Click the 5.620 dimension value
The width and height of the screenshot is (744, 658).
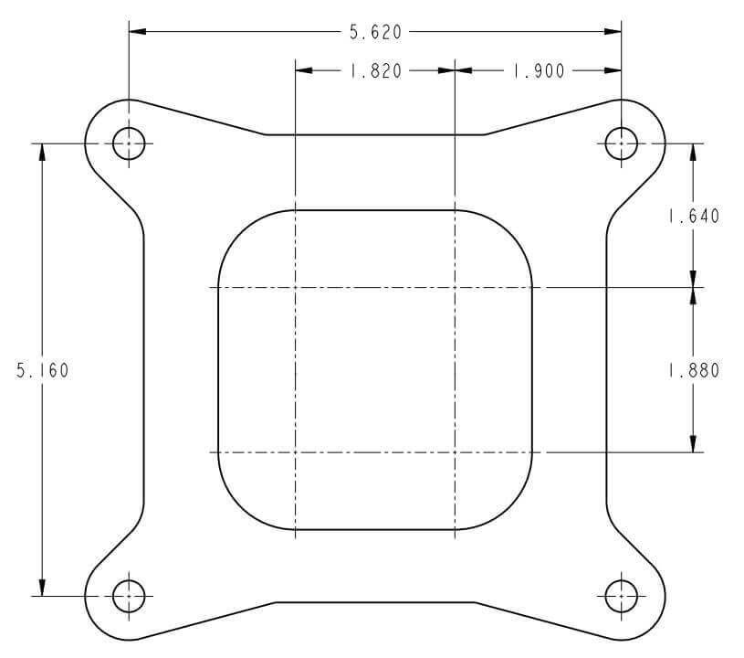375,32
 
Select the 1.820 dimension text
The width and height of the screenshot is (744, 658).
375,71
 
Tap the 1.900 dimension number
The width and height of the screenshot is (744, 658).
539,71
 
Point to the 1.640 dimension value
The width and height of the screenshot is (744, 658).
694,217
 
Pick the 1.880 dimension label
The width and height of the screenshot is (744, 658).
694,370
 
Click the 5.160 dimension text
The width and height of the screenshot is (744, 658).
43,370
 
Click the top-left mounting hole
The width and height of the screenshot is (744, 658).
129,143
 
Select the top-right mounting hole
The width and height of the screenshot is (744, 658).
621,143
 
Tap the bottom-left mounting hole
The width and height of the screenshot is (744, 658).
129,596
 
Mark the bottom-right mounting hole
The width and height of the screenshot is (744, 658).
621,596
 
